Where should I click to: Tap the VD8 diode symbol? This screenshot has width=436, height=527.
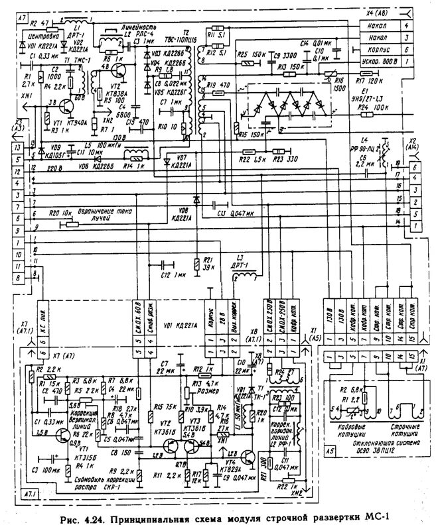pyautogui.click(x=196, y=200)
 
